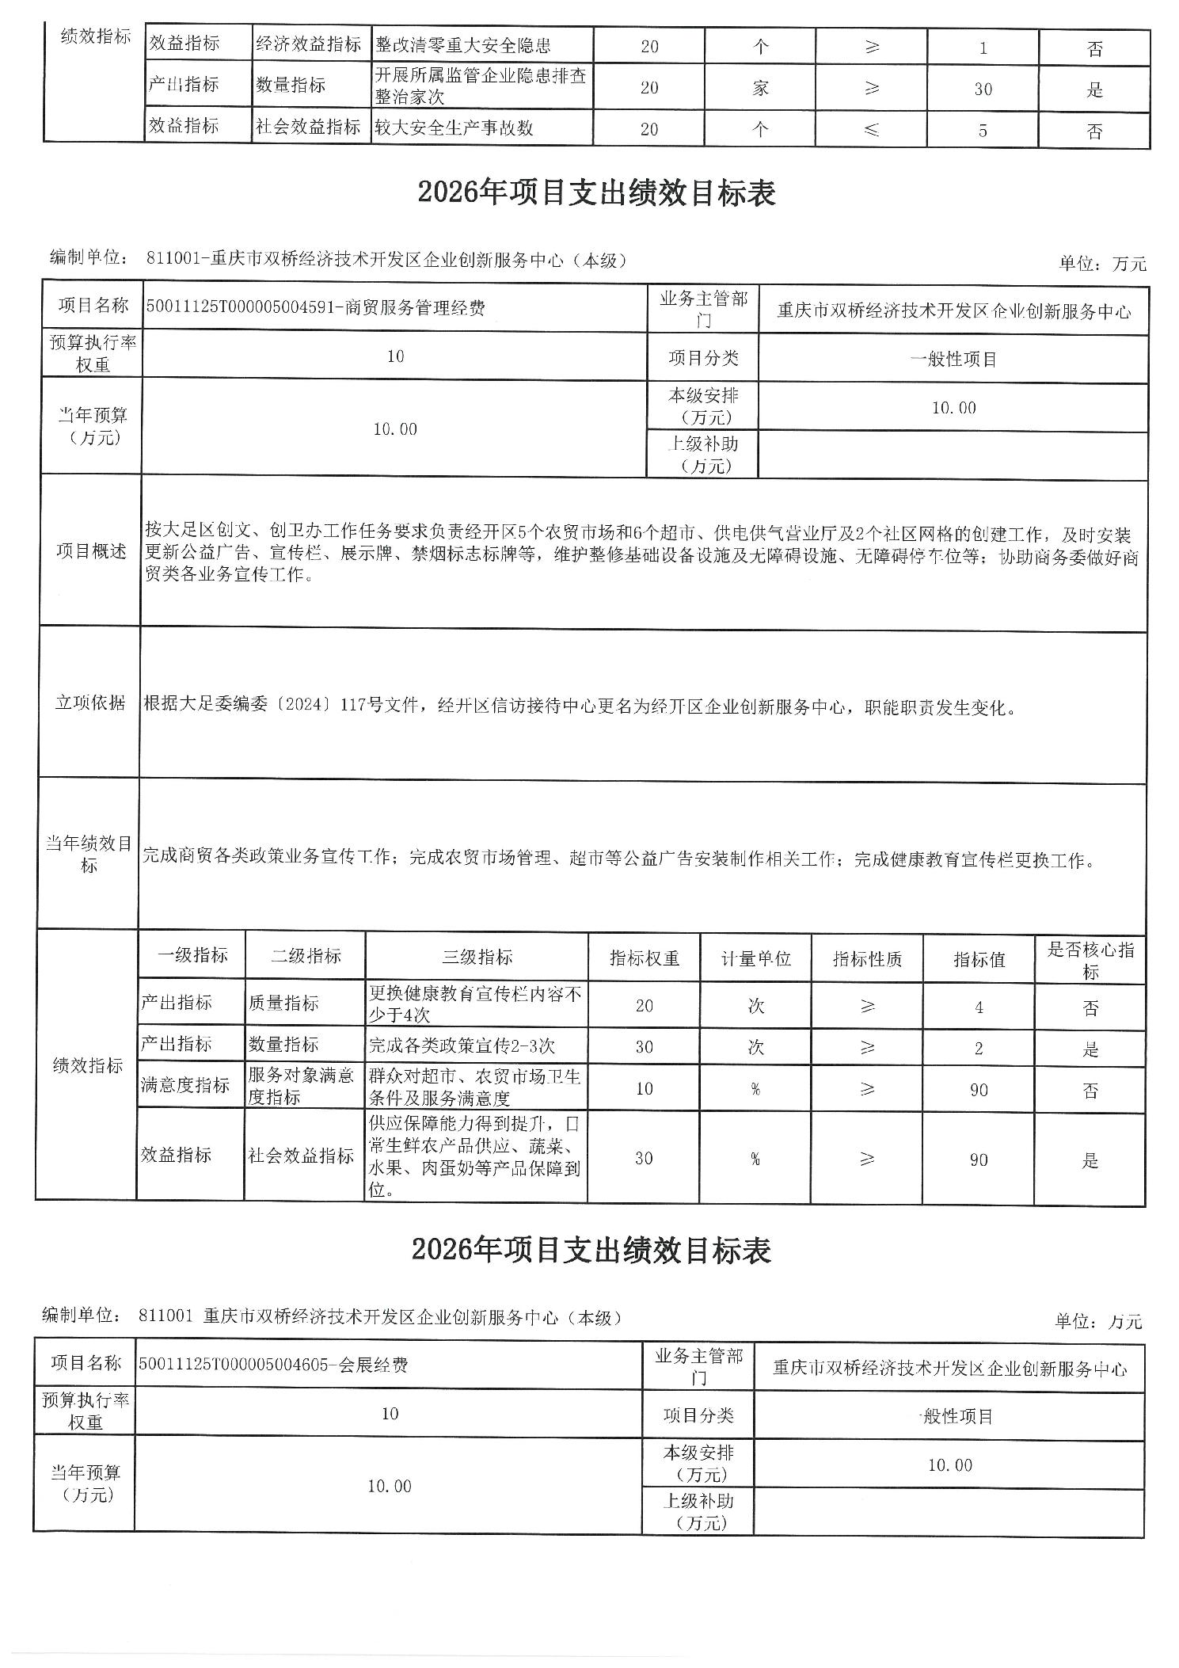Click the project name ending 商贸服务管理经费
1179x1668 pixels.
tap(315, 308)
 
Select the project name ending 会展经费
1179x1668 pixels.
tap(273, 1365)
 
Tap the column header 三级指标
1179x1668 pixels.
tap(477, 957)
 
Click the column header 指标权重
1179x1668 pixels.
tap(644, 958)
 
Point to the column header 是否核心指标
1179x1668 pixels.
tap(1090, 960)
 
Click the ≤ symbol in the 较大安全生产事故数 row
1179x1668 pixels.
tap(871, 130)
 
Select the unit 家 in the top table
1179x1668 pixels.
tap(760, 89)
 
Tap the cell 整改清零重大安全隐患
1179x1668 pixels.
tap(463, 46)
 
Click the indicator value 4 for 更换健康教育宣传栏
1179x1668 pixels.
tap(979, 1008)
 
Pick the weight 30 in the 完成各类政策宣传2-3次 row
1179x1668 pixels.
tap(644, 1047)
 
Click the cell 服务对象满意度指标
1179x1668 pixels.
tap(301, 1086)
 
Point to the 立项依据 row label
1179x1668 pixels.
tap(89, 703)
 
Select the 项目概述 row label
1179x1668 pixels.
tap(91, 551)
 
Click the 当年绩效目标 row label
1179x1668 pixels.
tap(88, 855)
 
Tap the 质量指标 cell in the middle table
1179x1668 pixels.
tap(283, 1003)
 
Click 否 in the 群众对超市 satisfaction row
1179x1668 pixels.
tap(1090, 1091)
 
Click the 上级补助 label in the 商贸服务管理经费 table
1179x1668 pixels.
tap(703, 455)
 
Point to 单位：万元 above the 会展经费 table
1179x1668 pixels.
tap(1098, 1321)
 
